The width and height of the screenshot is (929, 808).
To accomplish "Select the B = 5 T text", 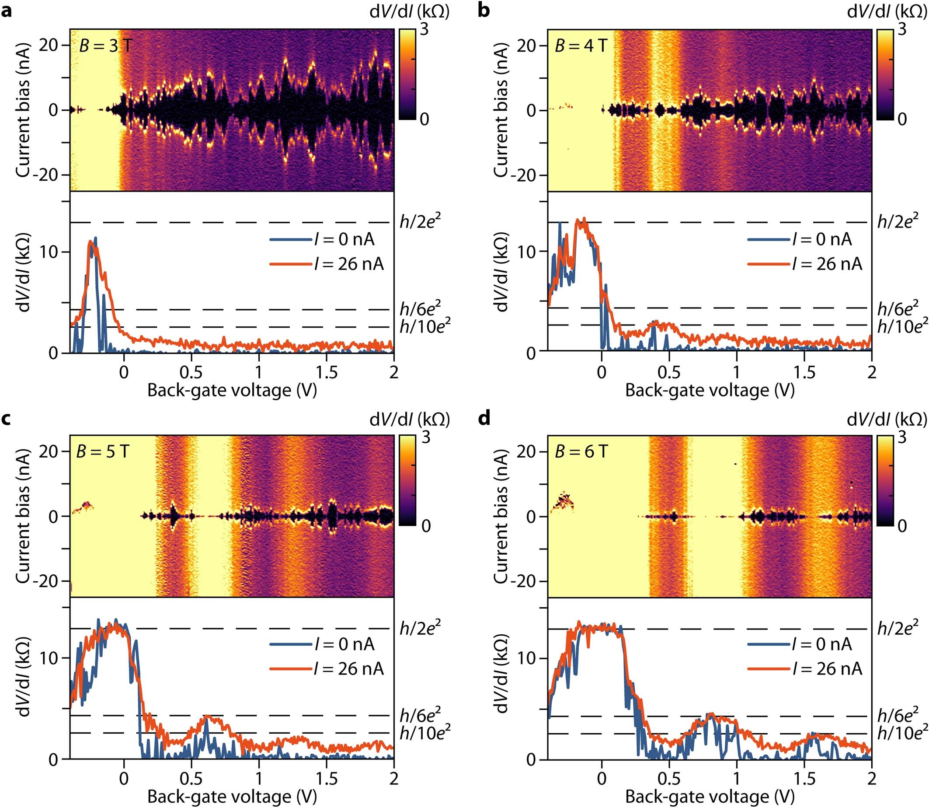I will pos(103,451).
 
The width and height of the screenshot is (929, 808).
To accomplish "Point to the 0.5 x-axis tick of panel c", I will pos(191,779).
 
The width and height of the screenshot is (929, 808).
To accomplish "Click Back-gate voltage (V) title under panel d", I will pos(709,797).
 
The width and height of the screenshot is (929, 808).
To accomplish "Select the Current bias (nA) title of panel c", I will pos(23,516).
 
